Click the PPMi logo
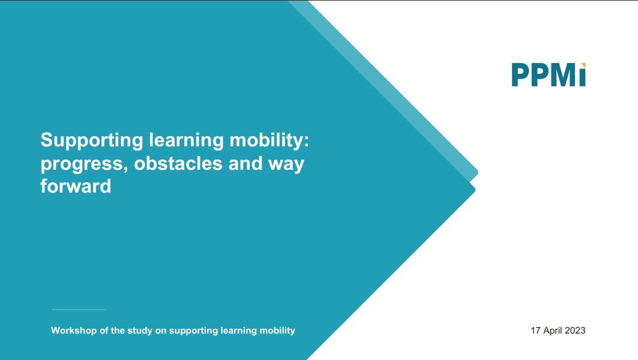(x=549, y=75)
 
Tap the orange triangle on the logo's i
(x=583, y=65)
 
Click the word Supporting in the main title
(x=92, y=141)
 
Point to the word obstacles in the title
(x=178, y=163)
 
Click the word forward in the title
(x=76, y=186)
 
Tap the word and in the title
(x=245, y=163)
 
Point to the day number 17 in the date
(x=535, y=331)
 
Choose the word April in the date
(x=553, y=331)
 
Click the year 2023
(x=575, y=331)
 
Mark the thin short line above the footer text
(x=79, y=310)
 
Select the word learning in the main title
(x=186, y=141)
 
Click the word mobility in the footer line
(x=277, y=331)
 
